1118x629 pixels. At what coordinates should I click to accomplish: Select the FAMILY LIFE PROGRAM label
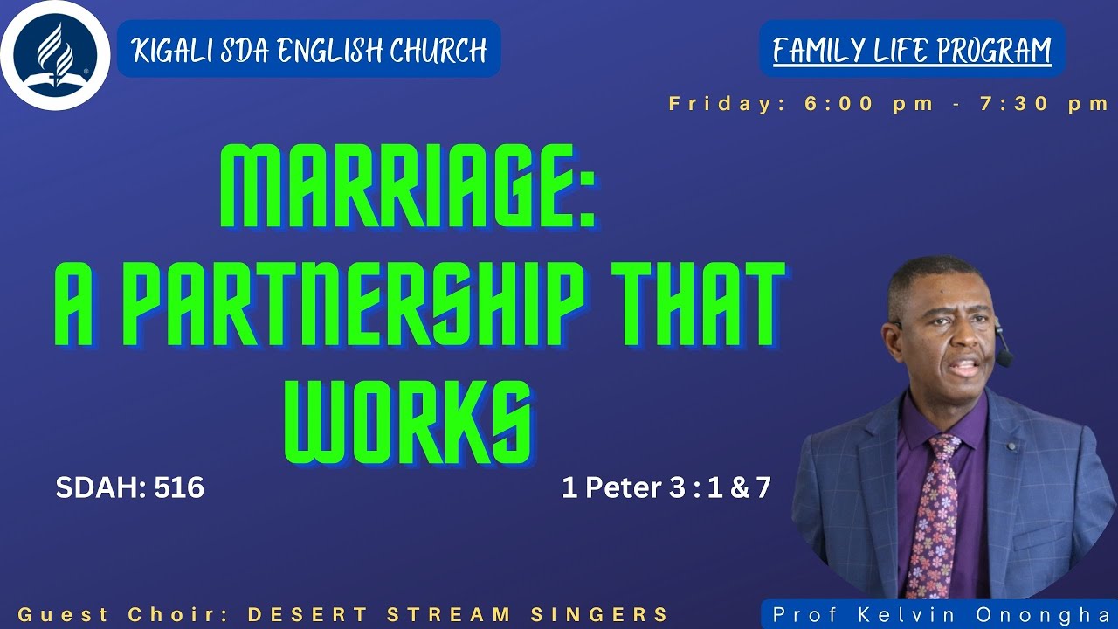pos(912,50)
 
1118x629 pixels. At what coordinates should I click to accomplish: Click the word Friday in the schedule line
pos(721,103)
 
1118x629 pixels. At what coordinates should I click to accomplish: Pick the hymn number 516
pos(179,487)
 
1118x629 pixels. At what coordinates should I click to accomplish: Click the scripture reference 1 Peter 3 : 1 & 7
pos(666,487)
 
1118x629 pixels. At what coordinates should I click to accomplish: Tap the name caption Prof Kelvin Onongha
pos(940,614)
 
